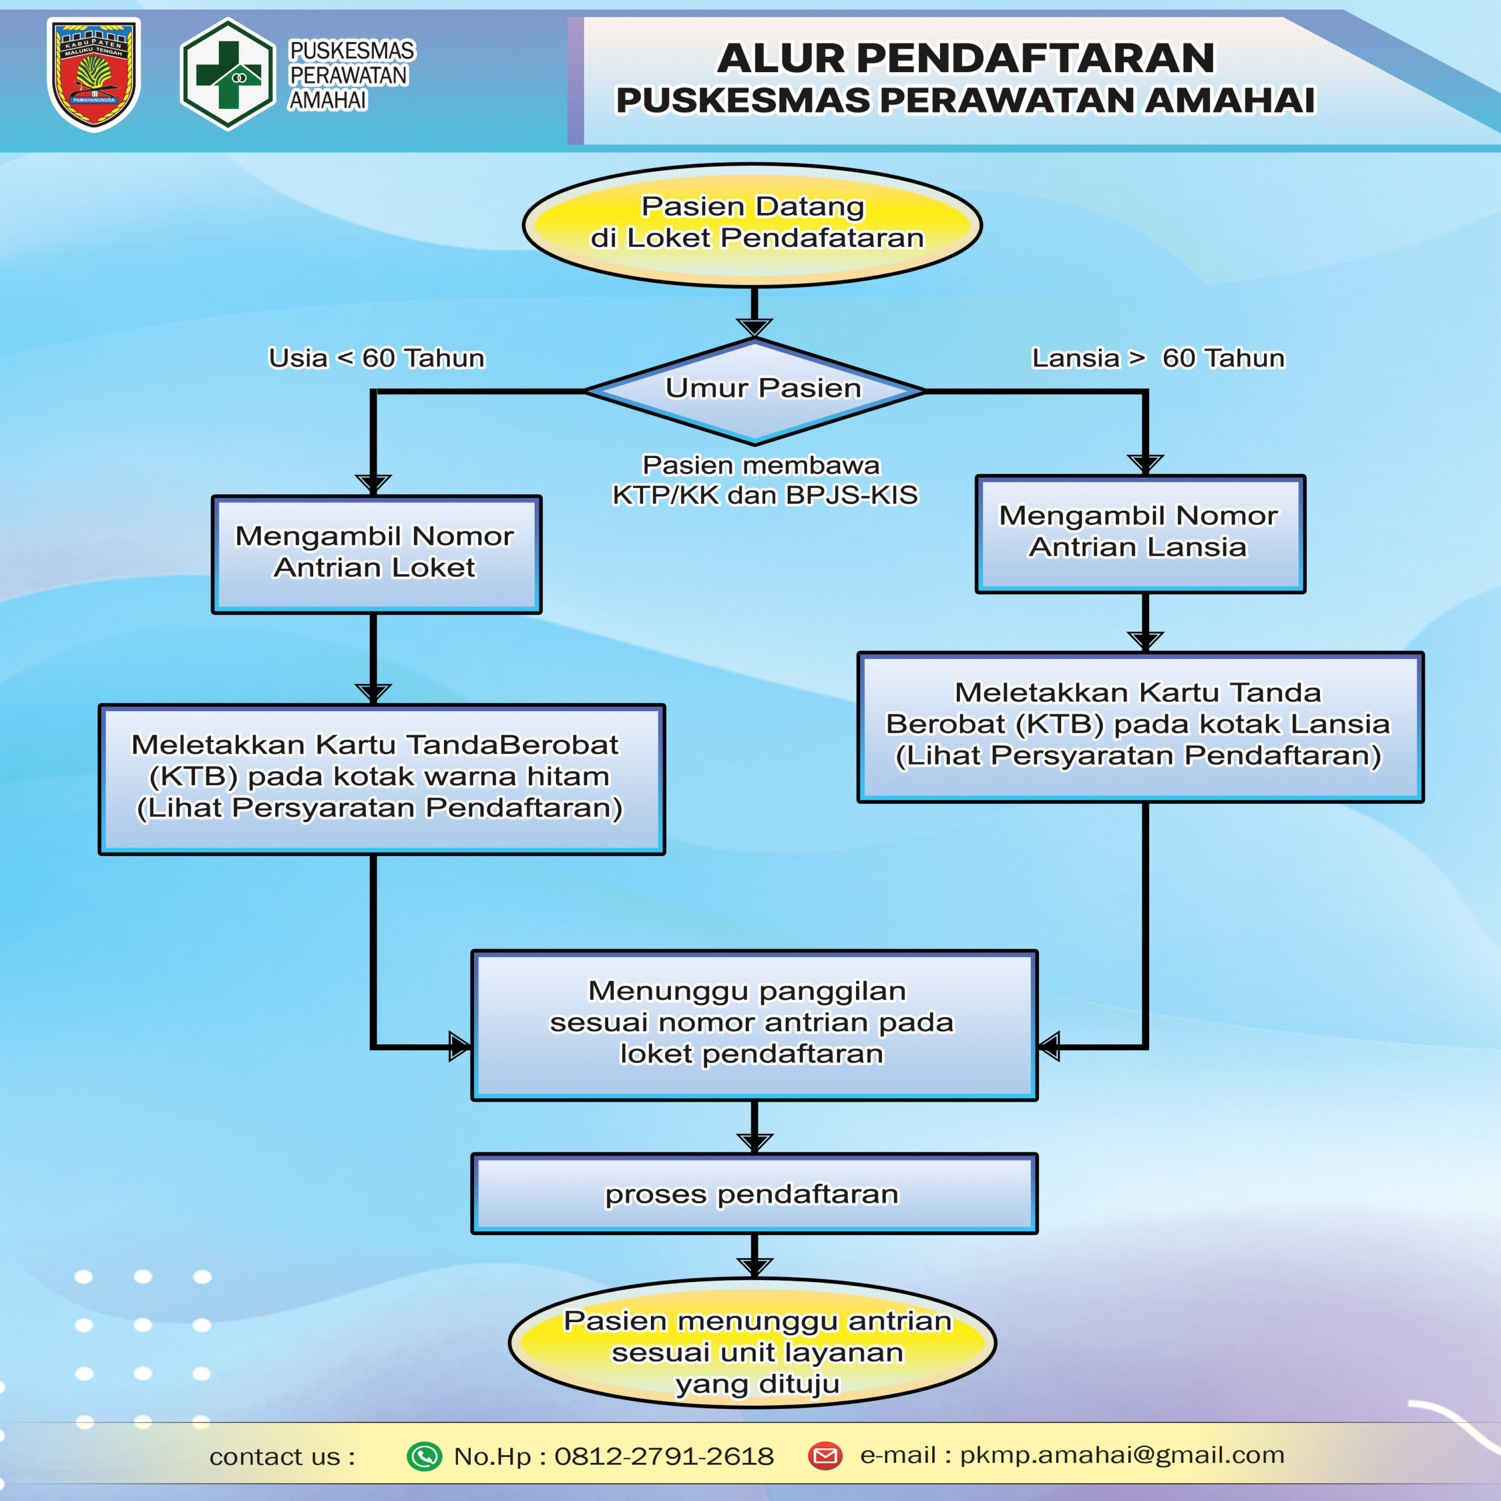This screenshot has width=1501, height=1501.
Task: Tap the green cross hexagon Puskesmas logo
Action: pyautogui.click(x=227, y=74)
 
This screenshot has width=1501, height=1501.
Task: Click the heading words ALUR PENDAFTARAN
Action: pyautogui.click(x=965, y=58)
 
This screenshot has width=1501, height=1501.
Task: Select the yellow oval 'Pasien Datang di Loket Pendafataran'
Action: pyautogui.click(x=752, y=225)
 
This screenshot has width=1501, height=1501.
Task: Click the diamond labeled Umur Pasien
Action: pyautogui.click(x=755, y=391)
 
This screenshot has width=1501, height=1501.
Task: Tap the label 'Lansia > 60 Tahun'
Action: pyautogui.click(x=1157, y=358)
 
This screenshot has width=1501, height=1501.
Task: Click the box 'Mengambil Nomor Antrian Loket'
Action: pyautogui.click(x=376, y=554)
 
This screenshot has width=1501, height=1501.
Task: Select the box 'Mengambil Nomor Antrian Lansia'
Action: pyautogui.click(x=1140, y=534)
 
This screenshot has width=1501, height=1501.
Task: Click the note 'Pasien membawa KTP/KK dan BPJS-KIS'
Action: pyautogui.click(x=764, y=480)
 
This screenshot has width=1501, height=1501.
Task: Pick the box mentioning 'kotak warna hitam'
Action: pyautogui.click(x=381, y=779)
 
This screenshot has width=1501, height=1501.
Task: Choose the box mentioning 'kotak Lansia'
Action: pyautogui.click(x=1140, y=726)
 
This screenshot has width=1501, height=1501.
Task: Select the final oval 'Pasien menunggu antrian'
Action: pyautogui.click(x=752, y=1353)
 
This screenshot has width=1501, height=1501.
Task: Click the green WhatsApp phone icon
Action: pyautogui.click(x=424, y=1456)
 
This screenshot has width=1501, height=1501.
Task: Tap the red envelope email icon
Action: pyautogui.click(x=825, y=1455)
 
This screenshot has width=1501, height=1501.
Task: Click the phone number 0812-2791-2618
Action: pyautogui.click(x=664, y=1456)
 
